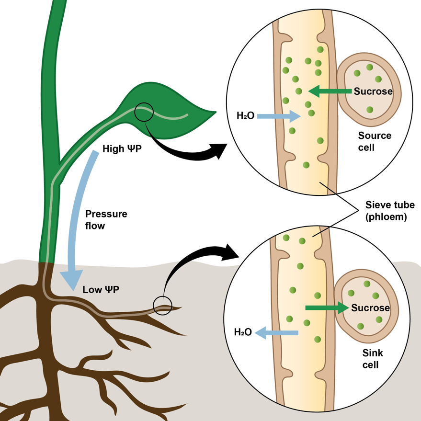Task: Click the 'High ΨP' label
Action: [122, 149]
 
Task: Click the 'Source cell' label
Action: [375, 141]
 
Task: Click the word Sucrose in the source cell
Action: [373, 91]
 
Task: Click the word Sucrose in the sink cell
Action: [370, 308]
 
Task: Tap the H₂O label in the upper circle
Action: [245, 116]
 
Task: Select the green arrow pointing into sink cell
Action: [326, 308]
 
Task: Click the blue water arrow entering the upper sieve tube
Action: [278, 115]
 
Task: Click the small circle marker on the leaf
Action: [144, 113]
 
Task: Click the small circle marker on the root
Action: [162, 305]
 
